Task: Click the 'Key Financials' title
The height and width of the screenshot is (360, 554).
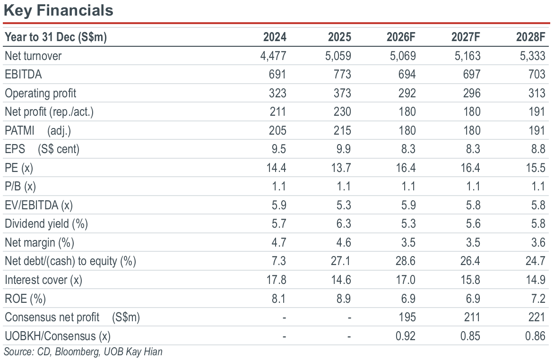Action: [x=59, y=10]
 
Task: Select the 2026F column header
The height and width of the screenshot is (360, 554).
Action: [x=401, y=37]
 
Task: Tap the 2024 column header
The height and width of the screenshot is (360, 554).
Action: [x=275, y=37]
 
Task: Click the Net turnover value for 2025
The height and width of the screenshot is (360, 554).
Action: [x=338, y=56]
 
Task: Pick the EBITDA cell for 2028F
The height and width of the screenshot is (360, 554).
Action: [x=537, y=74]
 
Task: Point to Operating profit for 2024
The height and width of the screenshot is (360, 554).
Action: [x=277, y=93]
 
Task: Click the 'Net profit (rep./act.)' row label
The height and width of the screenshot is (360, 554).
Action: [x=49, y=111]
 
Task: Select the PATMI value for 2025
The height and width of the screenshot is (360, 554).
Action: [x=342, y=130]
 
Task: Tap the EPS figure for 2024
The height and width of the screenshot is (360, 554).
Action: [x=279, y=149]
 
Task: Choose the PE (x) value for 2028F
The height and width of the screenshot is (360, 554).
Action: [x=536, y=167]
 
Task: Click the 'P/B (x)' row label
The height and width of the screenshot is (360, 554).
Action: [x=20, y=186]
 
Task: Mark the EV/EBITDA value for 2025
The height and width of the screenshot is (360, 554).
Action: [x=344, y=205]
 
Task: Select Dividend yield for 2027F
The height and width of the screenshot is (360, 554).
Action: [x=473, y=223]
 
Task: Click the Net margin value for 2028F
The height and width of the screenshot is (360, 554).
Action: [x=538, y=242]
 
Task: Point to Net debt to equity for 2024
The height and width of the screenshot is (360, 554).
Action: [x=279, y=261]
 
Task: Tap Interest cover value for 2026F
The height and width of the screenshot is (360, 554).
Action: [x=406, y=280]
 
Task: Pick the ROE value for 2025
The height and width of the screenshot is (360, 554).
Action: [x=344, y=299]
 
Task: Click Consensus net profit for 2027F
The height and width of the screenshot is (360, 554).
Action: [x=472, y=317]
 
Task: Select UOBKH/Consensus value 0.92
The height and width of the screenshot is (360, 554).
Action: [x=405, y=335]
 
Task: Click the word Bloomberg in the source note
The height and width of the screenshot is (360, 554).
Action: [x=77, y=352]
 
